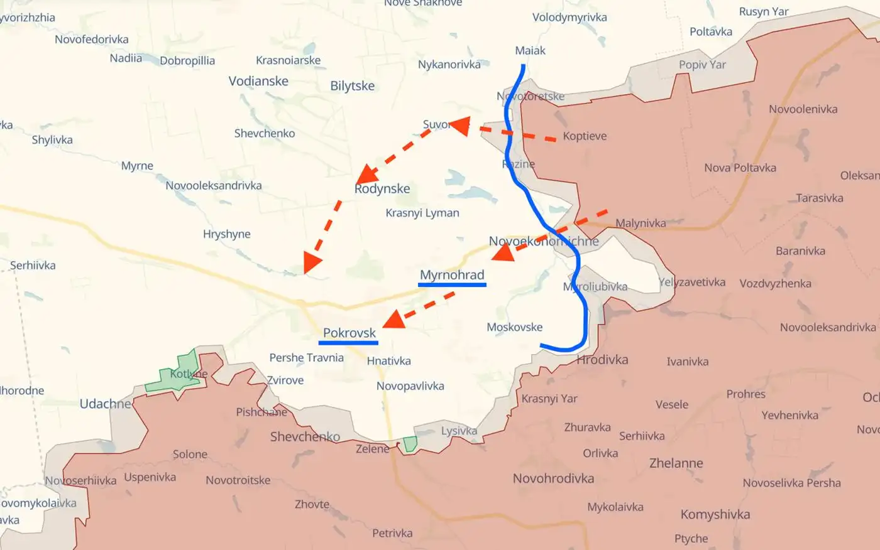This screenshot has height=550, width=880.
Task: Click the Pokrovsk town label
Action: click(x=349, y=333)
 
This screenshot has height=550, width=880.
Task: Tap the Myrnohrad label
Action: click(x=452, y=274)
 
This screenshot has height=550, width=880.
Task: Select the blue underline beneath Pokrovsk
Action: click(x=348, y=343)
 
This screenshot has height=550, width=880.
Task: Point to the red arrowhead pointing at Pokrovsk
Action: click(x=393, y=320)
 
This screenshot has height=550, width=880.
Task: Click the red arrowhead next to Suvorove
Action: click(x=460, y=126)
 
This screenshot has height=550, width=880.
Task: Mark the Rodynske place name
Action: click(x=382, y=188)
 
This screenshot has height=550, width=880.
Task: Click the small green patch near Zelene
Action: click(x=410, y=444)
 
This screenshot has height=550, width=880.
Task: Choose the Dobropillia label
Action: click(x=187, y=61)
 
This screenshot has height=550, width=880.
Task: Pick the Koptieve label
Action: click(x=585, y=136)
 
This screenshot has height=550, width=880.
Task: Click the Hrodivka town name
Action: click(x=602, y=359)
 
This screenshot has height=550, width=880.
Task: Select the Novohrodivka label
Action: click(x=553, y=478)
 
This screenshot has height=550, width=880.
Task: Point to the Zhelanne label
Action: click(x=676, y=463)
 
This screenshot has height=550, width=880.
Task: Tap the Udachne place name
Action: click(x=105, y=404)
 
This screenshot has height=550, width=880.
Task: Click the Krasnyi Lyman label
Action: click(x=422, y=213)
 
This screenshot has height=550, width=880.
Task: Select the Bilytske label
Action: click(x=352, y=86)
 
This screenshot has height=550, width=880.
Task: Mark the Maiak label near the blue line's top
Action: click(x=530, y=50)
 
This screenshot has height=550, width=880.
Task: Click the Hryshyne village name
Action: click(x=226, y=234)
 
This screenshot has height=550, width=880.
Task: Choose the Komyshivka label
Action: click(x=715, y=514)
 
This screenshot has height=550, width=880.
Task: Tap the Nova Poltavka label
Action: click(x=740, y=168)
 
